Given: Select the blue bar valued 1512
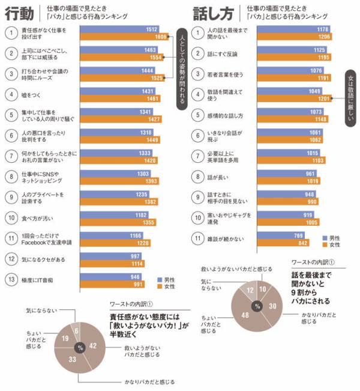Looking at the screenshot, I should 120,29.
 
